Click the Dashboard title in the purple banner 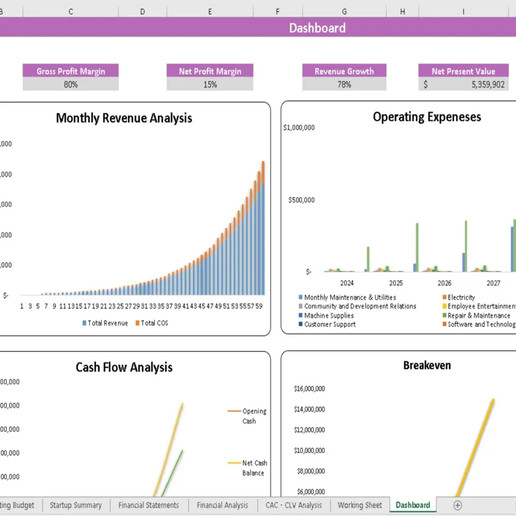click(317, 28)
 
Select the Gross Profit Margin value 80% click(70, 84)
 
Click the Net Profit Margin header click(210, 71)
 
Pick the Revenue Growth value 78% click(344, 84)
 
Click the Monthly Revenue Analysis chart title click(124, 118)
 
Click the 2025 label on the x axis click(396, 283)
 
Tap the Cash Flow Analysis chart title click(124, 367)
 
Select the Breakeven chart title click(427, 365)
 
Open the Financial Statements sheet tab click(148, 505)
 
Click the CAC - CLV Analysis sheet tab click(293, 505)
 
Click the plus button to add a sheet click(458, 505)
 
